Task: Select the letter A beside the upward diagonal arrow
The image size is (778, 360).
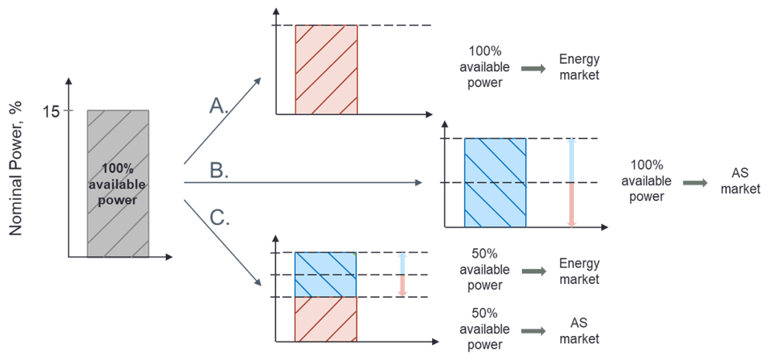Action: point(215,105)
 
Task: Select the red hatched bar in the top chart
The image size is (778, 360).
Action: point(326,70)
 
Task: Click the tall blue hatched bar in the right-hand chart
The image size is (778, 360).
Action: point(495,183)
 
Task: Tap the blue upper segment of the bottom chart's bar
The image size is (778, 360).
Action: point(325,274)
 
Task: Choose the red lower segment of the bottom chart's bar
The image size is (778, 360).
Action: point(325,319)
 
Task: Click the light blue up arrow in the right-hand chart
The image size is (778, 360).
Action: point(571,160)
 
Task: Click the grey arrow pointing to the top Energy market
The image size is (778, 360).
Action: point(531,69)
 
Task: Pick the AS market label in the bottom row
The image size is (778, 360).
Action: point(579,330)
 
